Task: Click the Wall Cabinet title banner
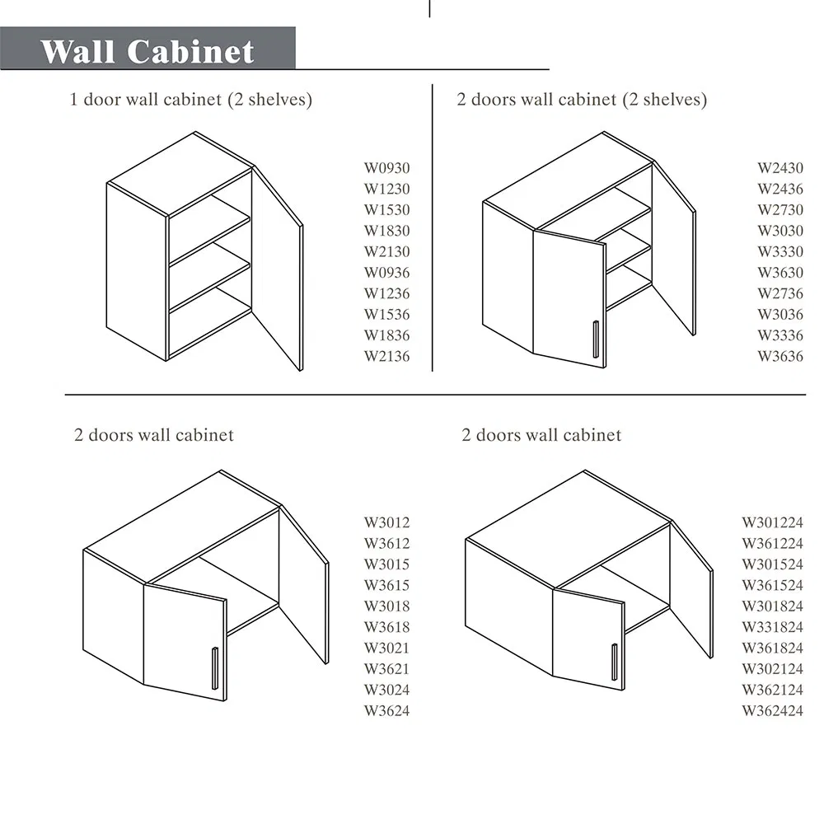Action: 147,49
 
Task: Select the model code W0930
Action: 386,168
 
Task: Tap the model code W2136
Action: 386,356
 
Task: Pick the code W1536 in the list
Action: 386,314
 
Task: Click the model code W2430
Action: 780,168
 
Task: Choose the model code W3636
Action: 780,356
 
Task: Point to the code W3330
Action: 780,251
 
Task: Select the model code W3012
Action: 386,522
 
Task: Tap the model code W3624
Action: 386,711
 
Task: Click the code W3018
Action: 386,606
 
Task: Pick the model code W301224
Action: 773,522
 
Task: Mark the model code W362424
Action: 773,711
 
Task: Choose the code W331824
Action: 773,627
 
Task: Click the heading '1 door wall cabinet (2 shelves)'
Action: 191,100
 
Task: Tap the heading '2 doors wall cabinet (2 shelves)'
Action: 582,100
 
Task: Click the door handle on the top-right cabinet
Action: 596,339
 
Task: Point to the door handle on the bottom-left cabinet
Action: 215,668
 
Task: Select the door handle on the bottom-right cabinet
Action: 615,662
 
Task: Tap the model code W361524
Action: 773,585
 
